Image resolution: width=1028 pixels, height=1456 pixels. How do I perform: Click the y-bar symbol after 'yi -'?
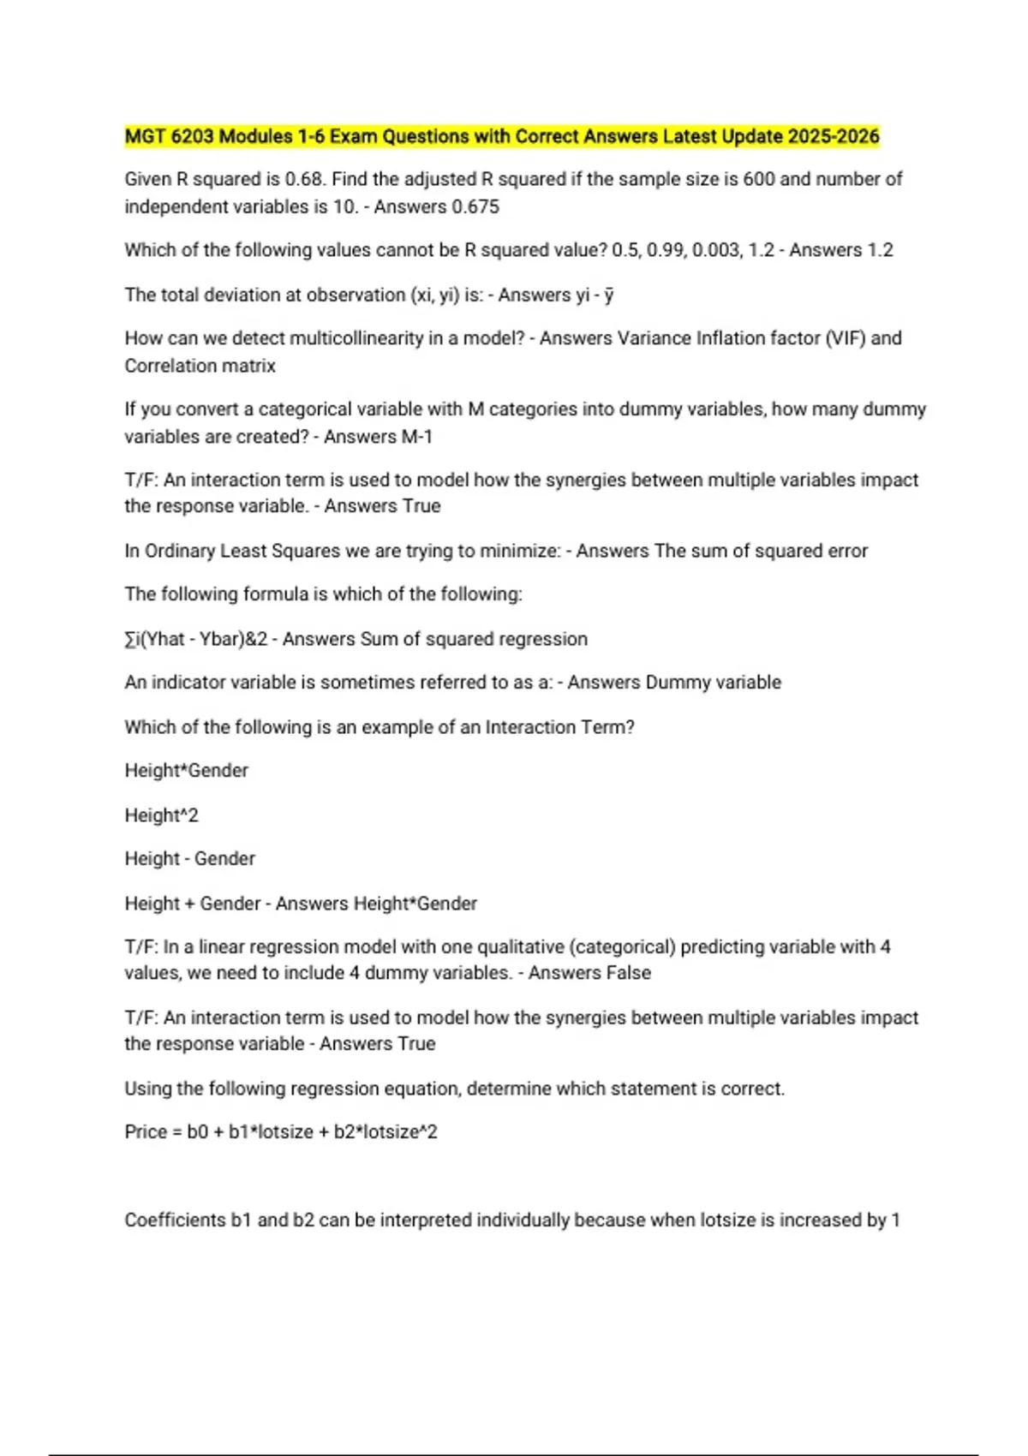(608, 295)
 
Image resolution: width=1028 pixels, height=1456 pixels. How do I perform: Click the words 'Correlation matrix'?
(200, 366)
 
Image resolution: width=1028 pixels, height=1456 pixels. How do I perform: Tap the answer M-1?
(416, 437)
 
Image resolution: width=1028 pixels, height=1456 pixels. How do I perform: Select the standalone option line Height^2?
(161, 815)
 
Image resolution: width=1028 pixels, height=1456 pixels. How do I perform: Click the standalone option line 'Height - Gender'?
(189, 858)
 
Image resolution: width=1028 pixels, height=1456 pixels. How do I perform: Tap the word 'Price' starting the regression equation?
(146, 1131)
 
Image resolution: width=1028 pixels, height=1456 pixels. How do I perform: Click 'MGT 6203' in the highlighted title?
(168, 136)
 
